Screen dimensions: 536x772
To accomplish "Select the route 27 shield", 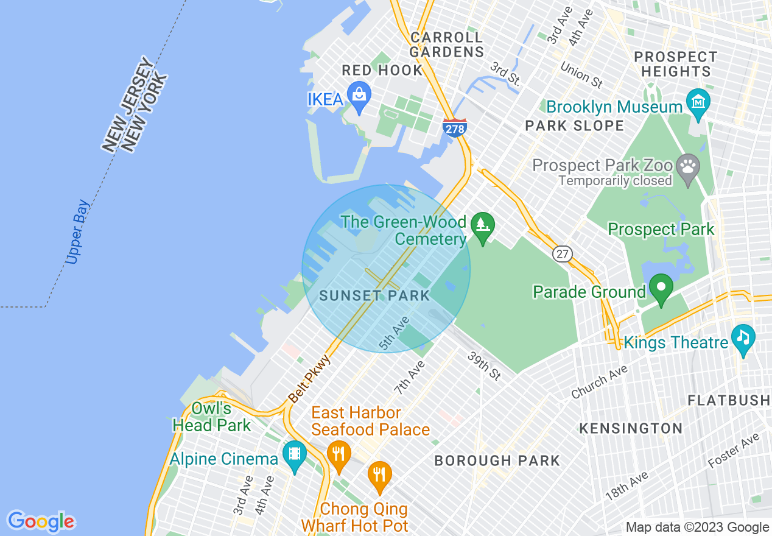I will point(563,253).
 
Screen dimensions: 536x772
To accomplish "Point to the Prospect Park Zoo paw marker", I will point(689,167).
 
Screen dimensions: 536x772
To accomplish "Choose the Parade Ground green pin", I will point(661,288).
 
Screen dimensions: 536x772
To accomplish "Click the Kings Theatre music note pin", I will point(743,338).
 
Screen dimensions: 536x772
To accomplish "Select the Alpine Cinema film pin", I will point(295,455).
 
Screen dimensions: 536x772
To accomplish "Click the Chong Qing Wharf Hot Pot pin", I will point(381,475).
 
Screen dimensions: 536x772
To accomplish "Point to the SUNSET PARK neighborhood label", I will point(374,296).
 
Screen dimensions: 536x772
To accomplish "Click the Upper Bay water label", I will point(78,232).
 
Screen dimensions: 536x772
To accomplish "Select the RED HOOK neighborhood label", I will point(382,70).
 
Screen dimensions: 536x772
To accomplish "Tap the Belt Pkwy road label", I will point(309,379).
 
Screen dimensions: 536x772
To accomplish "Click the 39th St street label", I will point(484,365).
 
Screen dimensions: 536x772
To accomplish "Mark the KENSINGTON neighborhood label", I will point(631,428).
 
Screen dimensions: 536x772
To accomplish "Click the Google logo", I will point(41,521).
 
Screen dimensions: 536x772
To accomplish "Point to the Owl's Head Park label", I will point(211,417).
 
